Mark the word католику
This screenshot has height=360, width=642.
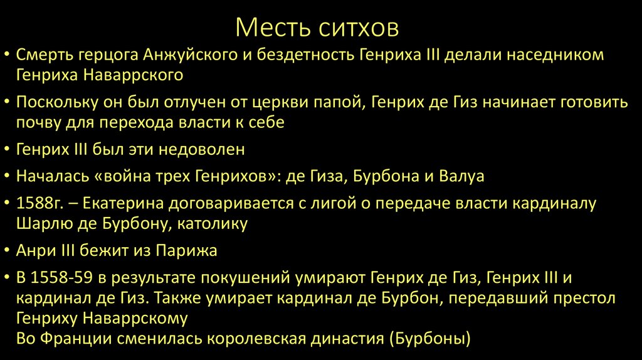point(216,223)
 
